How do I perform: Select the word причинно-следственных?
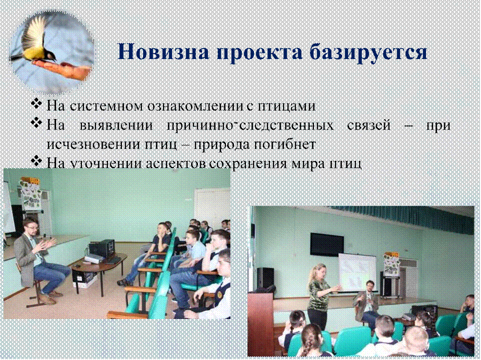click(x=250, y=126)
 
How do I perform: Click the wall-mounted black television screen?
click(x=326, y=244)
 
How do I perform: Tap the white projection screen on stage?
click(x=357, y=271)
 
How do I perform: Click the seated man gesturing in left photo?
click(x=38, y=260)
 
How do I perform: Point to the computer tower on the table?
click(x=102, y=248)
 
